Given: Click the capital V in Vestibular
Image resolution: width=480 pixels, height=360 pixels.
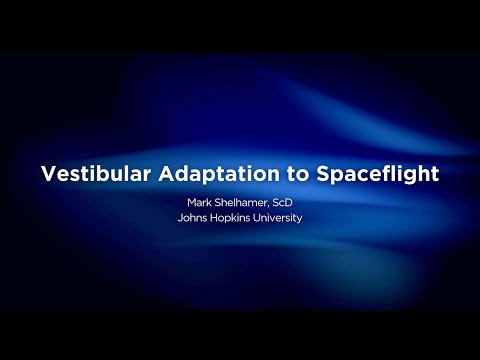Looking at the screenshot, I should (x=48, y=173).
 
